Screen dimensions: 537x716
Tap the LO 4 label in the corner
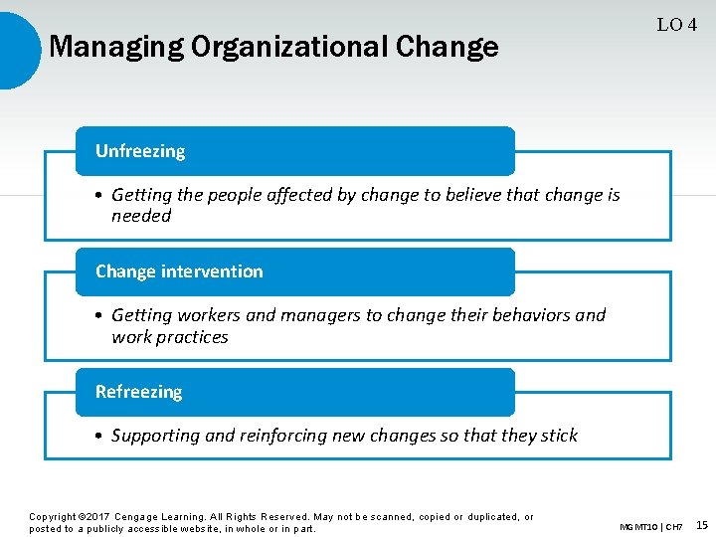click(676, 25)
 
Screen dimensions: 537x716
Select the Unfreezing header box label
click(140, 151)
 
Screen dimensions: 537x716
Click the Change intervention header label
click(179, 271)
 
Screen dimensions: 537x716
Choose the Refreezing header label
click(138, 392)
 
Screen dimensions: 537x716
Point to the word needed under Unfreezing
click(141, 216)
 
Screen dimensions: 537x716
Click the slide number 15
click(701, 525)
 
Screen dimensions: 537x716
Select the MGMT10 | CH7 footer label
click(650, 526)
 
